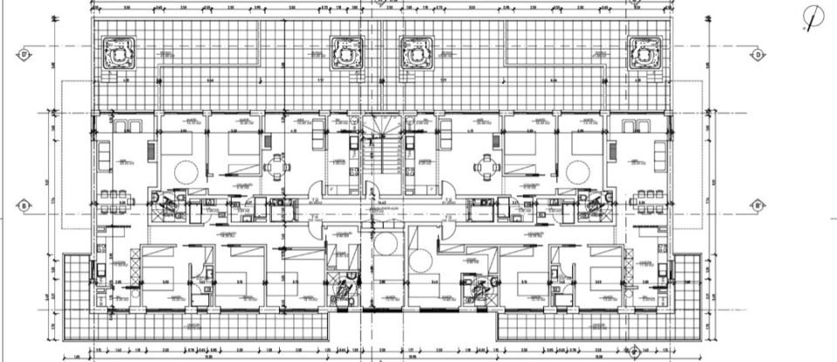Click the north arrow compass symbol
[x=813, y=17]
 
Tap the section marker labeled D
[x=759, y=54]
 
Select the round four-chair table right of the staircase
[x=486, y=165]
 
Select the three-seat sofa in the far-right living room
[x=658, y=157]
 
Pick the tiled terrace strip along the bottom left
[x=209, y=326]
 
